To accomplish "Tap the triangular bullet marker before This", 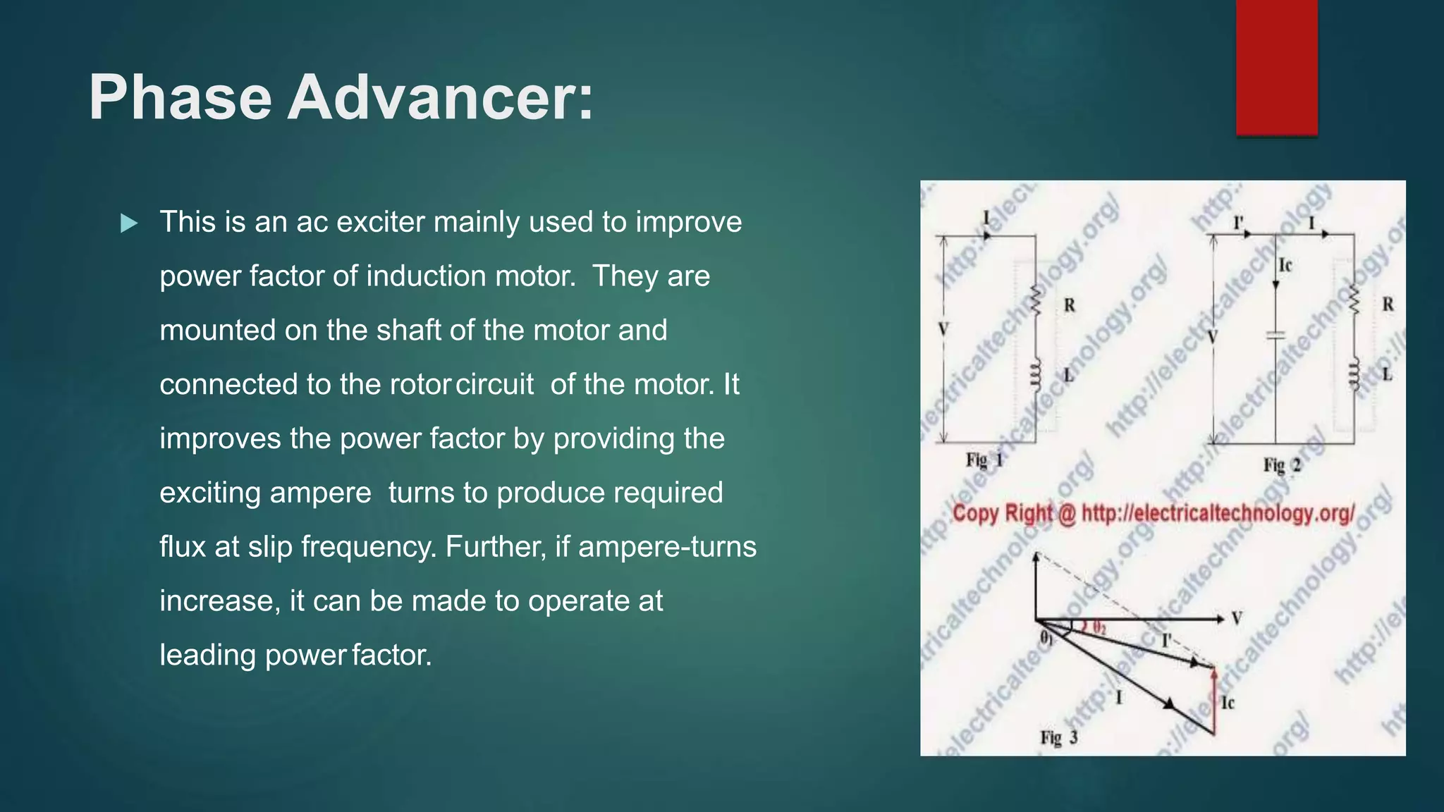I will coord(129,224).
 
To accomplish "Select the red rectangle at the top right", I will coord(1276,67).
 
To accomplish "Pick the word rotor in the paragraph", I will coord(420,385).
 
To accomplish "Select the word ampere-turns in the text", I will coord(667,547).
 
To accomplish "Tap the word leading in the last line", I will coord(207,656).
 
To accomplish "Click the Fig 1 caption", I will coord(984,461).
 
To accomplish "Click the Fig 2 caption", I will coord(1281,465).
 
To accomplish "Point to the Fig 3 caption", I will coord(1058,738).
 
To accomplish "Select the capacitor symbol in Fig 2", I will coord(1275,336).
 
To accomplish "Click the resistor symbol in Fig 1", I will coord(1036,301).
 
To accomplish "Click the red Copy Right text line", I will coord(1153,513).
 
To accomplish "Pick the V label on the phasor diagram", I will coord(1236,619).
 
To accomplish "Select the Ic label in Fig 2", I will coord(1285,265).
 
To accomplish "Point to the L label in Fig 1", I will coord(1069,375).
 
